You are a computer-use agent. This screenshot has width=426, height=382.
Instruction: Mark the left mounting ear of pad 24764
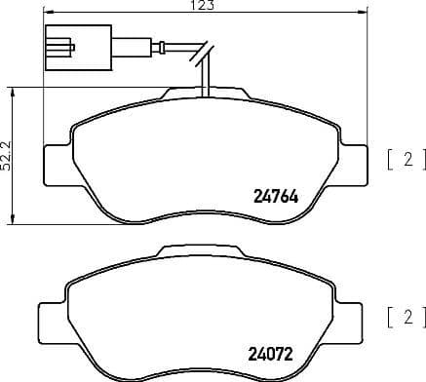(56, 158)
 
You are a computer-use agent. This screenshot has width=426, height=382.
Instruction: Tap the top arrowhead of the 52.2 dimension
(13, 89)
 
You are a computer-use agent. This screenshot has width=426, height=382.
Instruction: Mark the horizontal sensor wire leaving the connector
(136, 46)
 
